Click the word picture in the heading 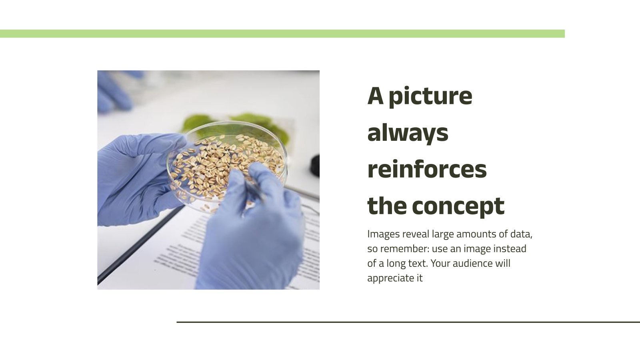430,96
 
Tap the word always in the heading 408,133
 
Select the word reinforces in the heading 427,169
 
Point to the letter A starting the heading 375,96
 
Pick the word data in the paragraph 521,234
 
